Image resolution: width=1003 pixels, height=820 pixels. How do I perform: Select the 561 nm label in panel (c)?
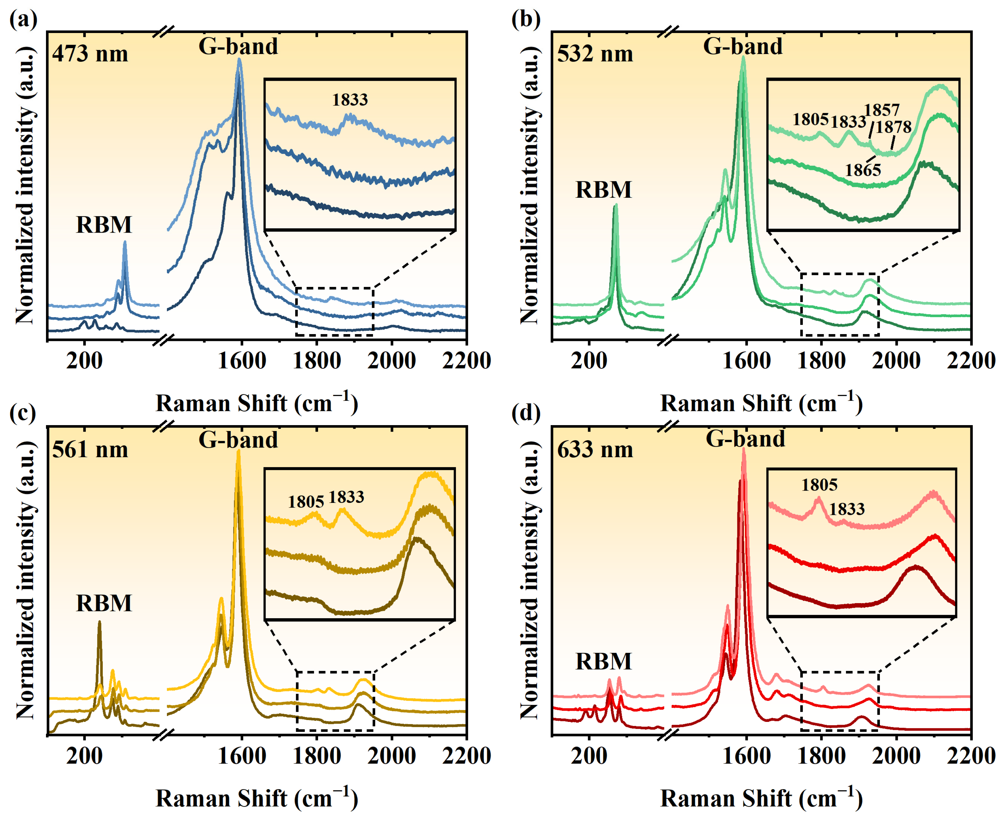point(90,449)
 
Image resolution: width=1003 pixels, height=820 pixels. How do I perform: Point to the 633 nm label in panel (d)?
point(595,449)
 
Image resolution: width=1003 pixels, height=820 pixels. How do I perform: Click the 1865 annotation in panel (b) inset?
point(863,170)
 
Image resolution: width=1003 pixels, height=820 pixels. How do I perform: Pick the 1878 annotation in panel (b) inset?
point(893,127)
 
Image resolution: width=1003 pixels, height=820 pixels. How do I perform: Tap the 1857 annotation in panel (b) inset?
point(881,110)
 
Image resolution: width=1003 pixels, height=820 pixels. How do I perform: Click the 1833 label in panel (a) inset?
point(350,100)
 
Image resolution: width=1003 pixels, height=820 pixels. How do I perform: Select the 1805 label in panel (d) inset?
point(819,485)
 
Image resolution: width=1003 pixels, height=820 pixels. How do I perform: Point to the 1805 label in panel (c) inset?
point(306,502)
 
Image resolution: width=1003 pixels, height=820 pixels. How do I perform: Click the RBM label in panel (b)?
point(603,190)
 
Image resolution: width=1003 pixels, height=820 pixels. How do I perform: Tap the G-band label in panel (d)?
point(745,439)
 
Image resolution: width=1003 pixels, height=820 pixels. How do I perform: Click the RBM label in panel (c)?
point(104,603)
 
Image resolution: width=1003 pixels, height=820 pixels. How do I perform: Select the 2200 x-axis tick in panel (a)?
point(466,361)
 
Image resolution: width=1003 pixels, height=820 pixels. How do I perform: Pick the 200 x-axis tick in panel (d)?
point(589,756)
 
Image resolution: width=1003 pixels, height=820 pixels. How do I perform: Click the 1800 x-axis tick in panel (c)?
point(317,756)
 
